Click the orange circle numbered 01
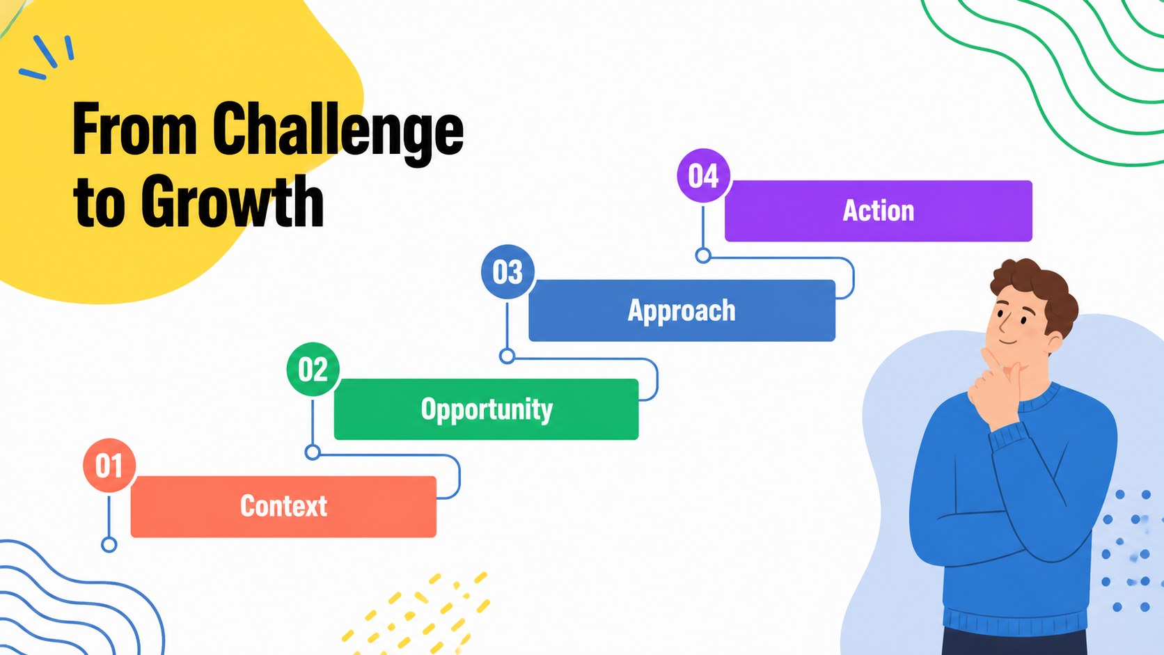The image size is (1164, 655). [109, 466]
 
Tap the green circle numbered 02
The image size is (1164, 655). [313, 370]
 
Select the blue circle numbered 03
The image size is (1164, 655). [508, 271]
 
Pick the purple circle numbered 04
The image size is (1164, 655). [704, 175]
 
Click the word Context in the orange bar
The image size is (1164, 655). [284, 506]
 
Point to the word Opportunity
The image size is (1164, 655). [487, 410]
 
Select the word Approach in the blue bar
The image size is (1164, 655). [682, 311]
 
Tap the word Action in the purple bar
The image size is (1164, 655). [878, 210]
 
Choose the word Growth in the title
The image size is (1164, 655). [233, 202]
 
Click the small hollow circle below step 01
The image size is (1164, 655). [109, 545]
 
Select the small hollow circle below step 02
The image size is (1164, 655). [313, 452]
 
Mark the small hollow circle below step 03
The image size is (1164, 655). [508, 356]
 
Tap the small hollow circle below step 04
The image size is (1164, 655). [703, 255]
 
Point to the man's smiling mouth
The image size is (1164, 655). [1007, 342]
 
